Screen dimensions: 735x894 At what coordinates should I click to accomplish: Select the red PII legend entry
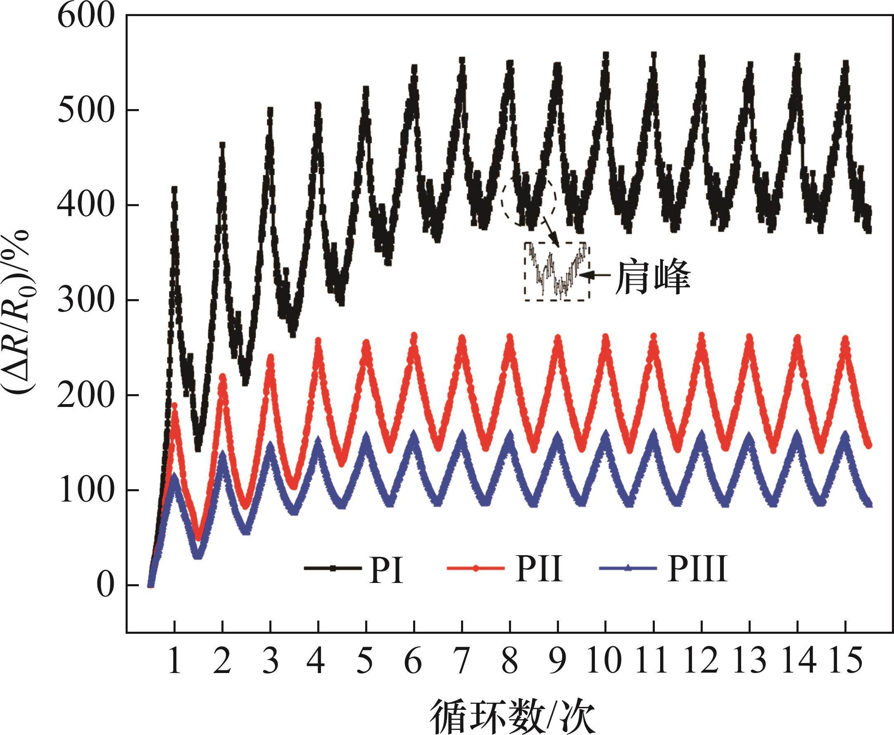click(x=506, y=569)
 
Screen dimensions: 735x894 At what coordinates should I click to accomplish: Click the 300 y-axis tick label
click(x=80, y=301)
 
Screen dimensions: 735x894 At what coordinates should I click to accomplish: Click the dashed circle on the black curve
click(x=529, y=199)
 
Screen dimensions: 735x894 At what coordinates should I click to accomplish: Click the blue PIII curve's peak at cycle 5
click(x=366, y=436)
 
